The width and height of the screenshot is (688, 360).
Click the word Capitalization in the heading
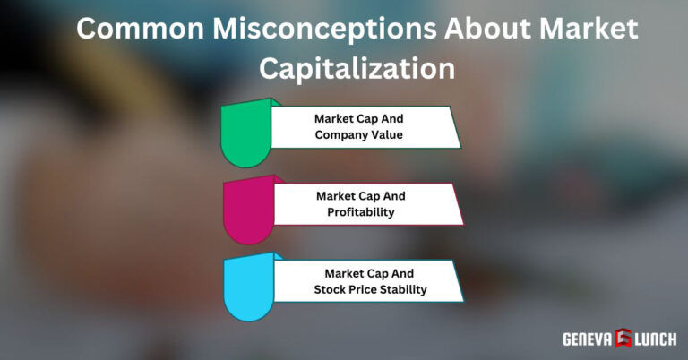click(x=344, y=68)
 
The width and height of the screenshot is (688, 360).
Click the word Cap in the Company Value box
click(x=367, y=118)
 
